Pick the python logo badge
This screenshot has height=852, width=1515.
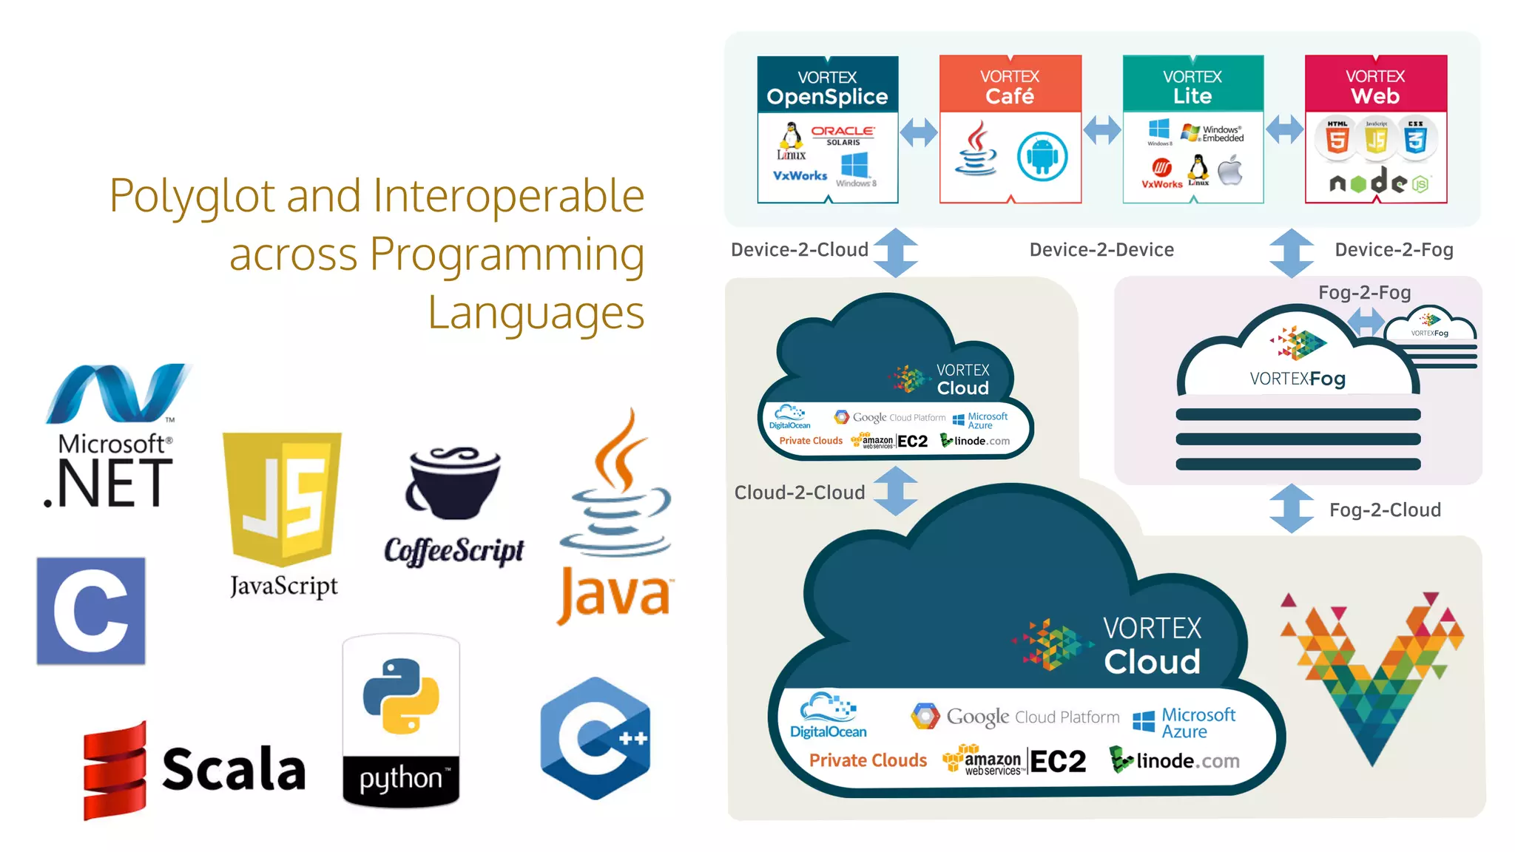pos(401,721)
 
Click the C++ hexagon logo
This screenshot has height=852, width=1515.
pos(595,738)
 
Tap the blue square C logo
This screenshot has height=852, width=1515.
pos(91,611)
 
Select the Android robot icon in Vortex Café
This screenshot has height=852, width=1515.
pos(1042,157)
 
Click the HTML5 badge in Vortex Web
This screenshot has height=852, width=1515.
pos(1337,138)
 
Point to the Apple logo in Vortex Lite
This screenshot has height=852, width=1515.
pos(1230,170)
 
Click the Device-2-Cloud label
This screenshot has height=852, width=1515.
pos(799,250)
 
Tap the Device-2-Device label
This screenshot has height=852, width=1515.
pos(1101,250)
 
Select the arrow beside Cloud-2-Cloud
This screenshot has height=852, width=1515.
pos(896,491)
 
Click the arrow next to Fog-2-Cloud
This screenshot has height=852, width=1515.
pos(1292,509)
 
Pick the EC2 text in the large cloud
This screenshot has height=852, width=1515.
pos(1058,761)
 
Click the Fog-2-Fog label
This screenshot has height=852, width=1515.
pos(1364,293)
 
